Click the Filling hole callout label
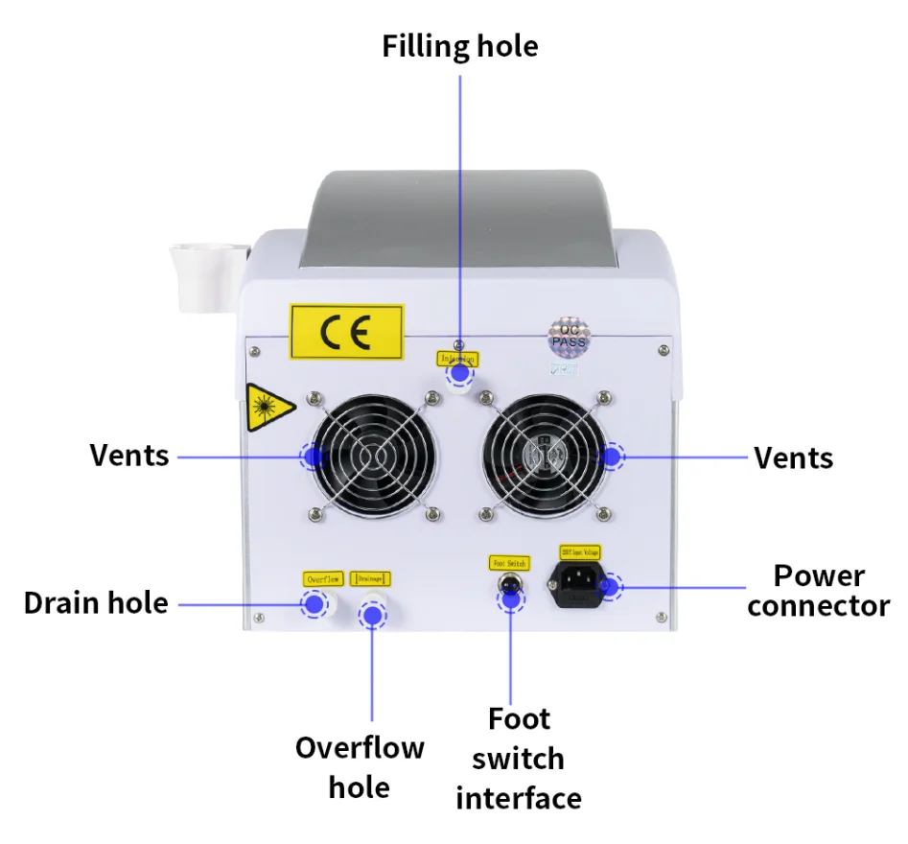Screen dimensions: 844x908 click(x=460, y=46)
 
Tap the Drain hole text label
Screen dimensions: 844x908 click(x=96, y=603)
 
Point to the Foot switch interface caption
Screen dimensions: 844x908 click(x=518, y=758)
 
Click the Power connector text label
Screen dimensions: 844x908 click(x=819, y=591)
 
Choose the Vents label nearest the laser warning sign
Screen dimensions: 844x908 click(x=129, y=455)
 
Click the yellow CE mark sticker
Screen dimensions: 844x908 click(x=347, y=332)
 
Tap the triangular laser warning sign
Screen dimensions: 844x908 click(x=265, y=407)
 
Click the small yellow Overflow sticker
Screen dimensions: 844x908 click(x=323, y=578)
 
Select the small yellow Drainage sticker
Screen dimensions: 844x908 click(x=370, y=578)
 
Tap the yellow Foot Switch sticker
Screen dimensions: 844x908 click(x=509, y=563)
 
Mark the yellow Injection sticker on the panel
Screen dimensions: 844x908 click(x=457, y=359)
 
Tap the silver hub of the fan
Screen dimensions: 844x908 click(x=547, y=455)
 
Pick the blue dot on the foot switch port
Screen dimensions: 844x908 click(x=511, y=598)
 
